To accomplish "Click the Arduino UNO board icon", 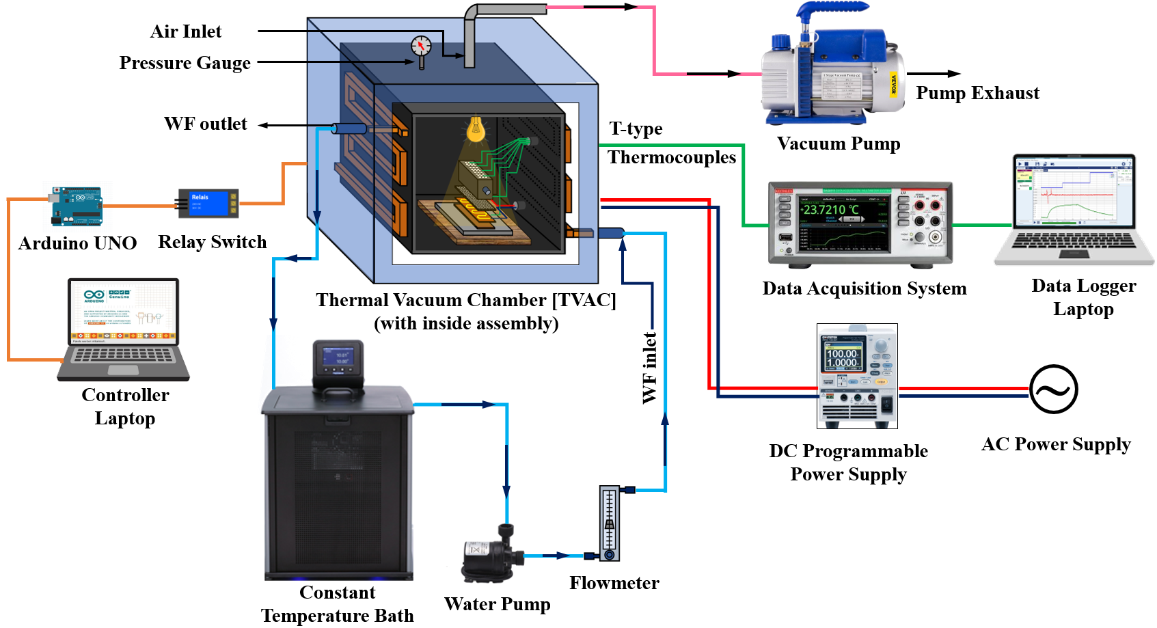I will pos(77,206).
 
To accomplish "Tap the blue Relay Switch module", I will pos(208,203).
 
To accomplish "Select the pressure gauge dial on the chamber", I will pos(421,46).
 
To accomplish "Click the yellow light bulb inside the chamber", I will pos(476,128).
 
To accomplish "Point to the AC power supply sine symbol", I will pos(1053,390).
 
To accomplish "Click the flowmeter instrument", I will pos(610,523).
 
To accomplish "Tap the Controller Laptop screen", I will pos(123,311).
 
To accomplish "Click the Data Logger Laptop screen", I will pos(1074,192).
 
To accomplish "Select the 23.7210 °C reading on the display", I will pos(830,210).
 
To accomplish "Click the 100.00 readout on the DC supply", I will pos(842,353).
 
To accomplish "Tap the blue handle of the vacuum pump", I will pos(830,12).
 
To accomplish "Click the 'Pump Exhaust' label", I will pos(977,93).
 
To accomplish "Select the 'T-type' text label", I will pos(636,129).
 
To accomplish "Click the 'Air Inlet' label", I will pos(186,31).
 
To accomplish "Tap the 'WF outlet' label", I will pos(206,124).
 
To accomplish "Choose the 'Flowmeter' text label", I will pos(614,583).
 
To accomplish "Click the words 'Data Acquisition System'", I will pos(865,288).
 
